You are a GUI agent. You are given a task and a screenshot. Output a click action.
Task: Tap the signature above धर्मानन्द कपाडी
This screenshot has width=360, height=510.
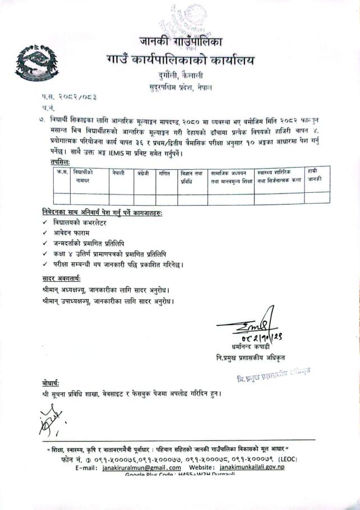pos(247,326)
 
